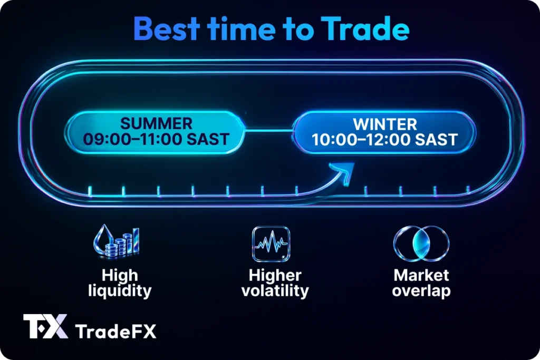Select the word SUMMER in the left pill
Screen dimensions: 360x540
[156, 124]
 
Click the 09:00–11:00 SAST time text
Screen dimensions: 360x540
[156, 139]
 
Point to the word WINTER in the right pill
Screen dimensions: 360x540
[384, 124]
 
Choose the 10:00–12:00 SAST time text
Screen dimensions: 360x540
[384, 140]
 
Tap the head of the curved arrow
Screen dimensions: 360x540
[345, 170]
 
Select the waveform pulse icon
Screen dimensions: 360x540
[271, 244]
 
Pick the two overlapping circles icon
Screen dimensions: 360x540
[421, 244]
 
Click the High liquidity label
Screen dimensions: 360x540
[121, 283]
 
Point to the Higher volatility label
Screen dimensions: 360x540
[275, 283]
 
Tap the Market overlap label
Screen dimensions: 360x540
[421, 283]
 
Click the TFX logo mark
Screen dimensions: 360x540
[45, 326]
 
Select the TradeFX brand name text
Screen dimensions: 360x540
[116, 331]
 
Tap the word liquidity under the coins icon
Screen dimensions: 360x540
[121, 290]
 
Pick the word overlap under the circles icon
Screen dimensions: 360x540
[421, 290]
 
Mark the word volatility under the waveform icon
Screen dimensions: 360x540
[275, 290]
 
